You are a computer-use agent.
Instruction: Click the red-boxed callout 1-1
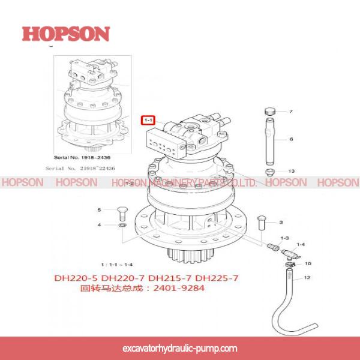148,120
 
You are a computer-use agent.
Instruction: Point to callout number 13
291,171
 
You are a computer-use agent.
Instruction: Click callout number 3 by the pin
280,222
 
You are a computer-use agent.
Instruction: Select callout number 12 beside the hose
307,278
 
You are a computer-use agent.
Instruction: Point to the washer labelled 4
122,225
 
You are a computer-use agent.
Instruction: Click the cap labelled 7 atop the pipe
269,111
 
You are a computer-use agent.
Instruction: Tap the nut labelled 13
269,172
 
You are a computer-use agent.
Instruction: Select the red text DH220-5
76,278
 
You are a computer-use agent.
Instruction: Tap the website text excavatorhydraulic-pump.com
179,348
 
